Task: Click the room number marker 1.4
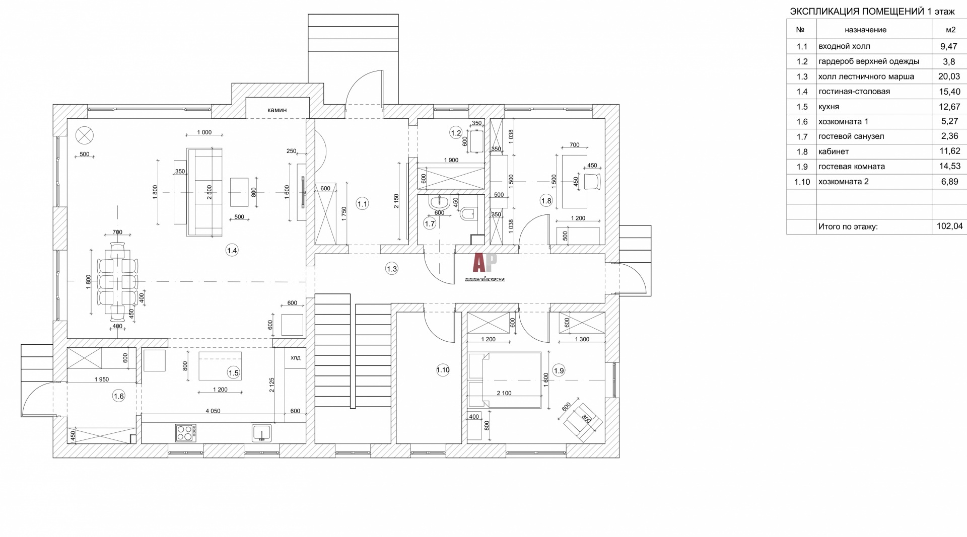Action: tap(232, 250)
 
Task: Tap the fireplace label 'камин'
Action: tap(277, 110)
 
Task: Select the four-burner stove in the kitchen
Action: tap(186, 433)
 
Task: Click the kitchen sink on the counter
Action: tap(262, 433)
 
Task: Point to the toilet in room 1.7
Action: tap(467, 214)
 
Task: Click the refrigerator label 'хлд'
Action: tap(296, 358)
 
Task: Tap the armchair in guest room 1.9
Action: tap(583, 422)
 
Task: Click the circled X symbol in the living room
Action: tap(85, 135)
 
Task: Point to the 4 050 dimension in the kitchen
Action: tap(213, 411)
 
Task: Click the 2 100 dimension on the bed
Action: tap(504, 393)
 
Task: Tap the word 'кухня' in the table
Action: tap(829, 107)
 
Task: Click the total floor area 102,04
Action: tap(950, 226)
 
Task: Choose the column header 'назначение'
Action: tap(866, 30)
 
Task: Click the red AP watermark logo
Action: tap(485, 263)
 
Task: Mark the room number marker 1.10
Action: tap(443, 370)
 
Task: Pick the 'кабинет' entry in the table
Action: tap(834, 151)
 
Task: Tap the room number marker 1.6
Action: tap(118, 396)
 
